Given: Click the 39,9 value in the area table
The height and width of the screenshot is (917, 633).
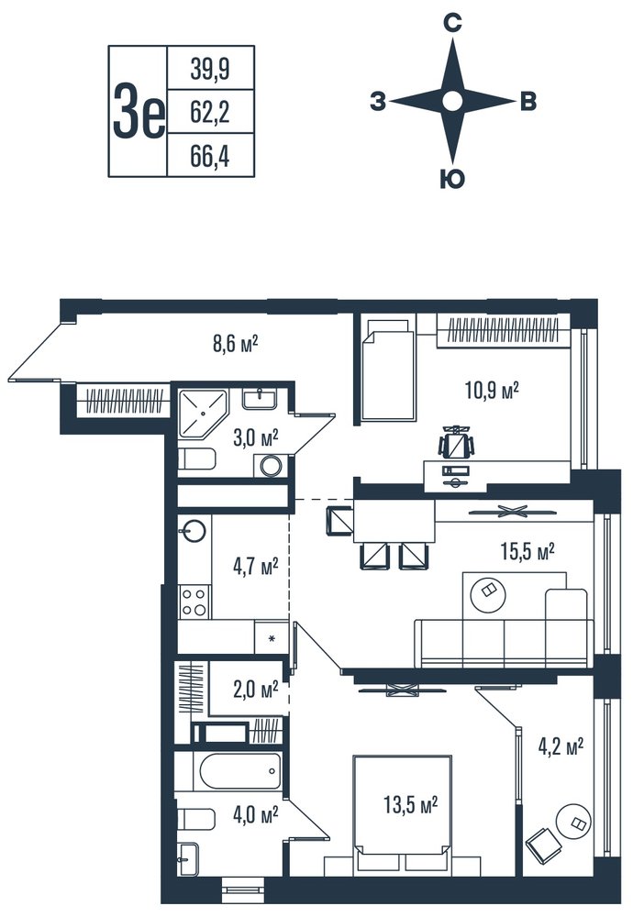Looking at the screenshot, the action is pos(210,70).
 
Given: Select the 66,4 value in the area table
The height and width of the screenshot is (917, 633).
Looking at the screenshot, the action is pos(210,156).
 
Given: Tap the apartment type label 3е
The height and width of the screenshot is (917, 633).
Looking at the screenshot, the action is pos(139,111).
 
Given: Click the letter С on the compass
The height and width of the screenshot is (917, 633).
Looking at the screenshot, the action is pos(451,24).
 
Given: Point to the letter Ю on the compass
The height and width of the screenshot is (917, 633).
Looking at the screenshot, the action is pos(451,180).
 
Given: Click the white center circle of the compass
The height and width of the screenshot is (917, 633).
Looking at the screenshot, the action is pos(451,101).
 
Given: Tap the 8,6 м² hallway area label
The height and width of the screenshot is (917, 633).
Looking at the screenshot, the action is pos(235,343).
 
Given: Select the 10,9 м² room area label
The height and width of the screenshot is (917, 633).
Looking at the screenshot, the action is pos(492,390).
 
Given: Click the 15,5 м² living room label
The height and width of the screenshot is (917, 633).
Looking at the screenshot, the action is pos(527,550).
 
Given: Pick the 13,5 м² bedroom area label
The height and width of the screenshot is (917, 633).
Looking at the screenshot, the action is pos(411,805).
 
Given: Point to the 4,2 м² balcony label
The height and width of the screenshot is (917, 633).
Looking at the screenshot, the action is pos(561,746).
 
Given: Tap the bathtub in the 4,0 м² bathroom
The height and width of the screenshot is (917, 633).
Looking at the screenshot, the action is pos(239,771).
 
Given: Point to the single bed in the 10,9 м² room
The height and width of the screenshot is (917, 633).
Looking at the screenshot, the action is pos(388,368).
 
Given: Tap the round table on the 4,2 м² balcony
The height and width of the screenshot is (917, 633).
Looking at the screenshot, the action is pos(572,822).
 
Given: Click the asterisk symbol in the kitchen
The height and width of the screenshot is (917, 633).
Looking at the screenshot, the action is pos(272,638).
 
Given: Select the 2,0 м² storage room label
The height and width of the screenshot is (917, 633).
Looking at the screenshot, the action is pos(255,691).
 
